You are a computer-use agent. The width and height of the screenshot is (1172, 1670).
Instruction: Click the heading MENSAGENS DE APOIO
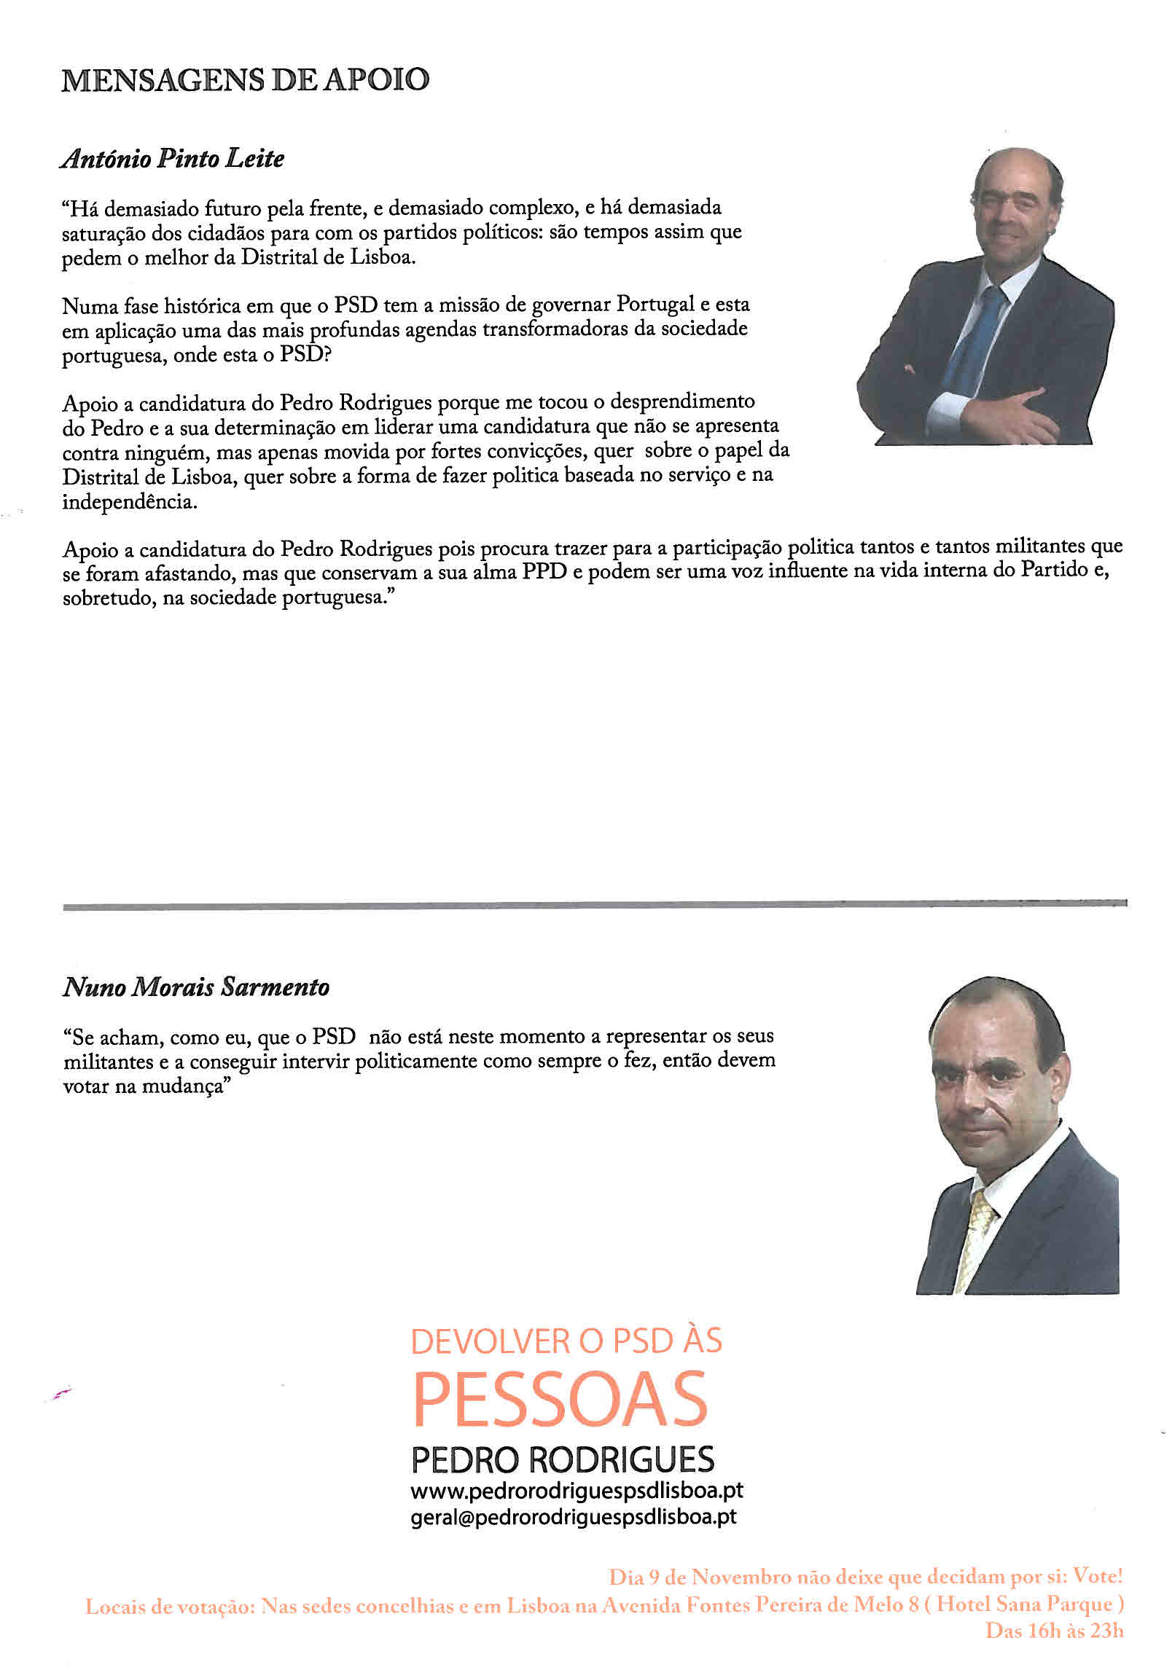tap(245, 80)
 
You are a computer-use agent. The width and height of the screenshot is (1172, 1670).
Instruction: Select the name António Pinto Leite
tap(173, 159)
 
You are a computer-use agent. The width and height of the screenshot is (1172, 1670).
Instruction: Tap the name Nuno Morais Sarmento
tap(196, 987)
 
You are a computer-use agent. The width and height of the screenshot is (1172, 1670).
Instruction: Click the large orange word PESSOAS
tap(560, 1400)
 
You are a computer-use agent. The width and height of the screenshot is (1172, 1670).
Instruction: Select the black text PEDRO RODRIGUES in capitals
tap(563, 1459)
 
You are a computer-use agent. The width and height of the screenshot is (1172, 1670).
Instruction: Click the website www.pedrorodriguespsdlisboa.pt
tap(577, 1491)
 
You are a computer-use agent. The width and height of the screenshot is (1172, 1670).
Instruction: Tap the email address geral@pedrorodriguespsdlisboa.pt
tap(574, 1516)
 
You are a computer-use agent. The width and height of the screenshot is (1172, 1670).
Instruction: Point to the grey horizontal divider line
tap(595, 905)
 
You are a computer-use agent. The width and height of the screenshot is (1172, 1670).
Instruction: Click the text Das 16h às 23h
tap(1054, 1631)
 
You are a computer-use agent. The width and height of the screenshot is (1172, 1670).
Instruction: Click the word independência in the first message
tap(129, 503)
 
